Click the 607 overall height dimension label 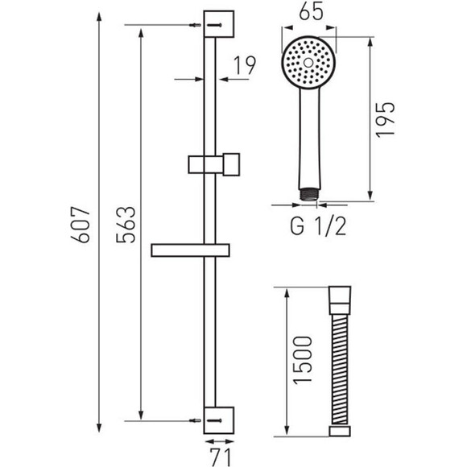click(81, 224)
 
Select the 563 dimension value click(126, 224)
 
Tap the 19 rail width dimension click(245, 65)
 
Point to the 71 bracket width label click(221, 457)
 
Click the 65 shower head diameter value click(311, 12)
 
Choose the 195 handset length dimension click(385, 119)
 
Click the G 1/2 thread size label click(318, 226)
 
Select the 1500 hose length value click(303, 360)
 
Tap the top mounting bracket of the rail click(219, 24)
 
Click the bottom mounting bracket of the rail click(219, 420)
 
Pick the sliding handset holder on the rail click(214, 164)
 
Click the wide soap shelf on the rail click(190, 250)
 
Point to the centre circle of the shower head click(308, 63)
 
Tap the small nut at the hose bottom click(340, 431)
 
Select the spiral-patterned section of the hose click(340, 370)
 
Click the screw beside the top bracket click(196, 25)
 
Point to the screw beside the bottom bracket click(196, 421)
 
